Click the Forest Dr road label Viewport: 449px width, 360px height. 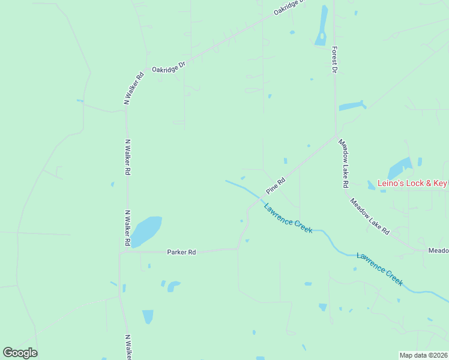point(334,60)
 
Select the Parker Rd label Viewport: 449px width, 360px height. point(181,253)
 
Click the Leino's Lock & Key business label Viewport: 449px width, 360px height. point(412,183)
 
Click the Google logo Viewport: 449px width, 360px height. point(20,353)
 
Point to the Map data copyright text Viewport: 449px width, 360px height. point(423,355)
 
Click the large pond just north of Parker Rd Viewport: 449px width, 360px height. point(146,231)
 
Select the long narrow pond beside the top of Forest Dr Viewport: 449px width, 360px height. point(322,27)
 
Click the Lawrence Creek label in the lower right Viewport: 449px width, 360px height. point(379,268)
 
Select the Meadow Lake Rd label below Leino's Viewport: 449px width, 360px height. point(370,217)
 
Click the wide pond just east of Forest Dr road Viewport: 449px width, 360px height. point(352,106)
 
